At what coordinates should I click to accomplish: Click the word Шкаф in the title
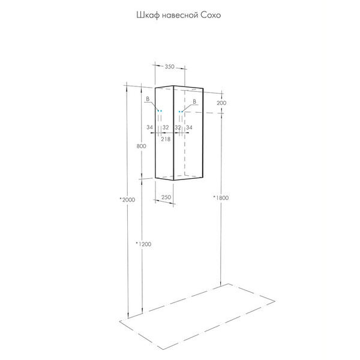click(148, 16)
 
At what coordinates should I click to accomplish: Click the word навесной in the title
click(180, 16)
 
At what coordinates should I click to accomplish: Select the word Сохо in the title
click(211, 16)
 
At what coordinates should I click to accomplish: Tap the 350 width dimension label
click(170, 67)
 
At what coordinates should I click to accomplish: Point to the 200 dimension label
click(221, 103)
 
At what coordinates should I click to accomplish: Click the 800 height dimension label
click(141, 146)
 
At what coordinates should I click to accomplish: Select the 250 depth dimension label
click(166, 197)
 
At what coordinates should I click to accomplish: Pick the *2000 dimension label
click(127, 200)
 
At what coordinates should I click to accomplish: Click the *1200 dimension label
click(143, 244)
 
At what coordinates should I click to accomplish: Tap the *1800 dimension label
click(221, 197)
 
